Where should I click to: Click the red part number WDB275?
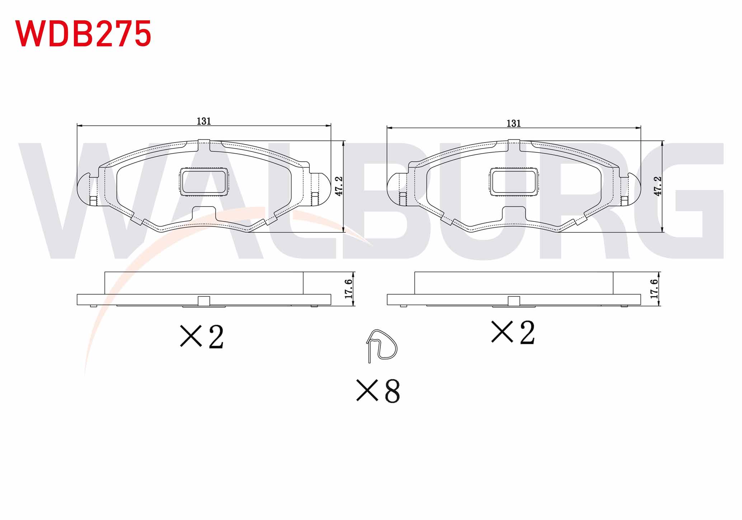click(x=83, y=33)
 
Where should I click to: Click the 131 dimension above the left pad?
click(x=204, y=121)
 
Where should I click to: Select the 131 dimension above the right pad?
click(x=513, y=124)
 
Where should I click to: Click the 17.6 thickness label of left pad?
click(x=348, y=289)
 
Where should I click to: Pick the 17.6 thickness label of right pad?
click(x=654, y=289)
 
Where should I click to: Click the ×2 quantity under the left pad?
click(x=202, y=336)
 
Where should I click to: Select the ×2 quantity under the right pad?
click(x=513, y=333)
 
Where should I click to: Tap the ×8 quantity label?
click(x=378, y=390)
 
